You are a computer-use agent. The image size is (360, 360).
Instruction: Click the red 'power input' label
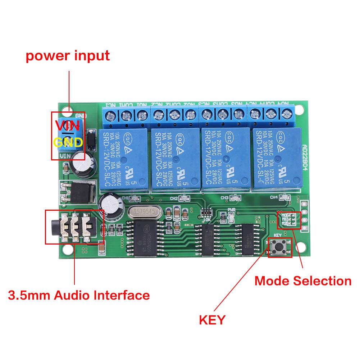point(68,56)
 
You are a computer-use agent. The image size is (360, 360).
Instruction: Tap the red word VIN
point(68,126)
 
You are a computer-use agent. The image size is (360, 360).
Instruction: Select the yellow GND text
point(68,142)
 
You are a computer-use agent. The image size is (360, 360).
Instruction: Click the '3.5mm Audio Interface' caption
point(79,296)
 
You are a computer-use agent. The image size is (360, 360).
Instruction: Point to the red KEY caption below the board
point(212,319)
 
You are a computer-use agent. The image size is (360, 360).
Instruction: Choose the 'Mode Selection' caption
point(303,281)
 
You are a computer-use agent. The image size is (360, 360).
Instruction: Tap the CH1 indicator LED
point(135,198)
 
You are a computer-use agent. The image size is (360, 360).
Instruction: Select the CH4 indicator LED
point(284,197)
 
